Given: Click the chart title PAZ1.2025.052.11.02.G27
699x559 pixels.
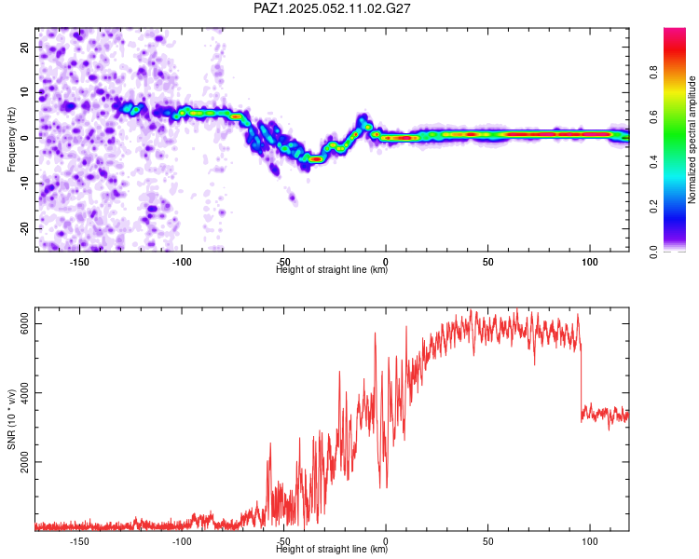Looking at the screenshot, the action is tap(332, 8).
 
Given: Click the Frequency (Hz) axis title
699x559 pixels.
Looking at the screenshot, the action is tap(11, 140).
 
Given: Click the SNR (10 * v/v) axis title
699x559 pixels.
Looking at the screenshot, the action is tap(11, 419).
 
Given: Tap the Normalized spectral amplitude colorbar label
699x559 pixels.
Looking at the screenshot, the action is tap(692, 140).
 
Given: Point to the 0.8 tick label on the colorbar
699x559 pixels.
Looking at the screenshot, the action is tap(653, 73).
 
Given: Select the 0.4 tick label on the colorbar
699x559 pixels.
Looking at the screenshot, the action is tap(653, 161).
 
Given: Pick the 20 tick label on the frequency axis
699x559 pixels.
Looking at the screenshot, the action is tap(25, 48).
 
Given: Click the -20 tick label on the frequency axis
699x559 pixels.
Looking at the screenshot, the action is tap(25, 228).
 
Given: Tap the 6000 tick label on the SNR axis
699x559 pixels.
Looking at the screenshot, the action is tap(25, 323).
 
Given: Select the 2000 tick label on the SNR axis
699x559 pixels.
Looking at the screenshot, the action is tap(25, 462).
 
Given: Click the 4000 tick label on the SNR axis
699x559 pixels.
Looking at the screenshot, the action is tap(25, 393).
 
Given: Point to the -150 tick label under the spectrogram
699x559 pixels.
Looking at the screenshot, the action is tap(79, 262).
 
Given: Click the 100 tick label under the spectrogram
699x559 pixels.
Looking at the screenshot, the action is tap(590, 262).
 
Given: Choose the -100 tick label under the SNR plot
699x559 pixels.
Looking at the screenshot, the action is tap(182, 541).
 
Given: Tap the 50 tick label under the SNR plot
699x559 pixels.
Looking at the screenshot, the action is tap(487, 541).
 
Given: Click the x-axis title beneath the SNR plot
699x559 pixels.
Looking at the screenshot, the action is tap(332, 549).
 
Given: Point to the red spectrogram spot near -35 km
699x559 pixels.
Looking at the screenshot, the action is tap(316, 158).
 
